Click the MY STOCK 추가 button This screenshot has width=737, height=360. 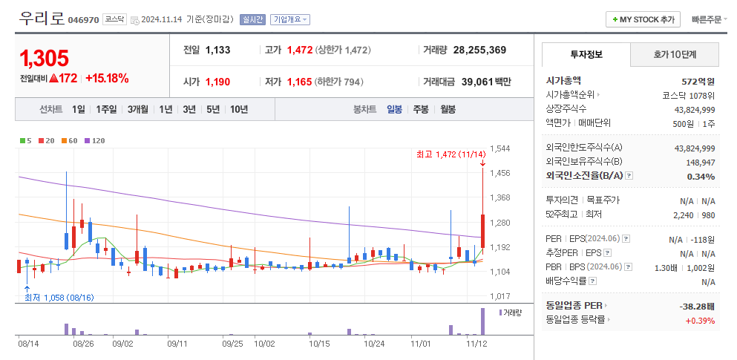click(643, 20)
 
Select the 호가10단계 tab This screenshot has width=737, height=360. click(675, 55)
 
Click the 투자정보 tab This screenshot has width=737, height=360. click(586, 55)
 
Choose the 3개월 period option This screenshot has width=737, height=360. click(138, 109)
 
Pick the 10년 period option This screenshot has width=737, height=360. click(239, 109)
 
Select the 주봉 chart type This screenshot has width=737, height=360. click(421, 109)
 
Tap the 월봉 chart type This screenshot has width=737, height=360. click(448, 109)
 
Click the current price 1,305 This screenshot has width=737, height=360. click(45, 58)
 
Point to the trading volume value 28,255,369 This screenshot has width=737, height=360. click(479, 50)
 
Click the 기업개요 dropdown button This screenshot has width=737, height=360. click(290, 20)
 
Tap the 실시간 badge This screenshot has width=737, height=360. click(252, 20)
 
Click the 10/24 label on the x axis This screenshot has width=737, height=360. click(374, 344)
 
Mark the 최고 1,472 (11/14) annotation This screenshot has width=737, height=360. click(445, 154)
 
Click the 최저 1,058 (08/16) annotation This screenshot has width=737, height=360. click(59, 298)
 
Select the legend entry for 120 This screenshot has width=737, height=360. click(95, 140)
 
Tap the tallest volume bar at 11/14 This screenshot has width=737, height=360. click(482, 321)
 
